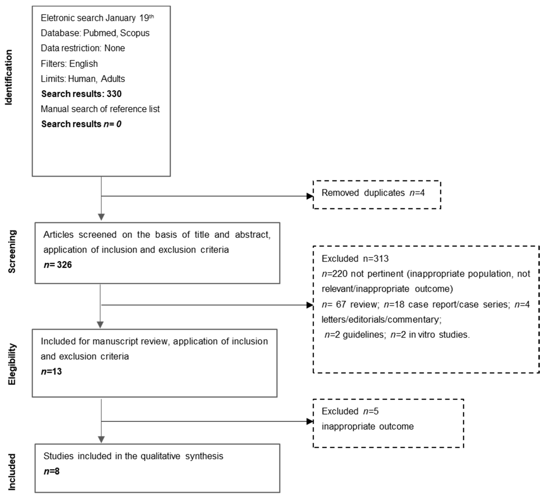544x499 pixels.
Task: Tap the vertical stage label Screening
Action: [x=12, y=252]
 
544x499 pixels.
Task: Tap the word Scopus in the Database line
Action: [x=135, y=33]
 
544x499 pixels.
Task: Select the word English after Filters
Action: [x=83, y=64]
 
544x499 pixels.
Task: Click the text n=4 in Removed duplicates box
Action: [x=417, y=193]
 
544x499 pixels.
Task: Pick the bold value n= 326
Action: [x=58, y=265]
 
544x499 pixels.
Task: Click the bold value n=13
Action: [x=51, y=372]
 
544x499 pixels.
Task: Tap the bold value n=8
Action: [x=51, y=471]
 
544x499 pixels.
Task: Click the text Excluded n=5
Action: [x=350, y=411]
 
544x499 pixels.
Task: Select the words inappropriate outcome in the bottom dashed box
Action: [x=368, y=426]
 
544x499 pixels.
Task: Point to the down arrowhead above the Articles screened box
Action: [x=101, y=217]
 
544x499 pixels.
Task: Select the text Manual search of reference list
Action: [x=100, y=109]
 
